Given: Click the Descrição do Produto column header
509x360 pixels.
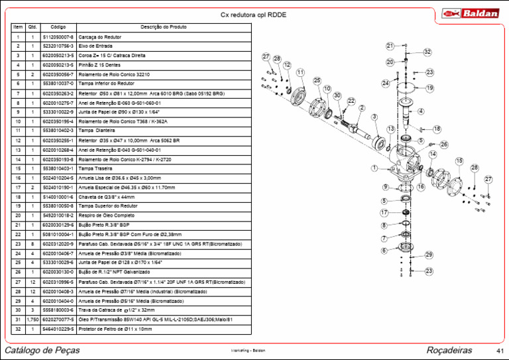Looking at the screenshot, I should pyautogui.click(x=164, y=27).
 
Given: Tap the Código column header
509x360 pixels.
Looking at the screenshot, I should pyautogui.click(x=58, y=27).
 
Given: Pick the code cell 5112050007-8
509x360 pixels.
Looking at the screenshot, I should pyautogui.click(x=58, y=37).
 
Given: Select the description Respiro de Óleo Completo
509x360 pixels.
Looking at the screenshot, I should pyautogui.click(x=102, y=215).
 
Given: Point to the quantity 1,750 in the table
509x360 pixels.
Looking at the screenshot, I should pyautogui.click(x=32, y=320).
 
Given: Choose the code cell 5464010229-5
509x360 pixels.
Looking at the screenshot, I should pyautogui.click(x=58, y=329).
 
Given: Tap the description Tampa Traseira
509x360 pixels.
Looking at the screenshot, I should pyautogui.click(x=94, y=168).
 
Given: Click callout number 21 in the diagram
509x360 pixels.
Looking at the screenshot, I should pyautogui.click(x=390, y=46).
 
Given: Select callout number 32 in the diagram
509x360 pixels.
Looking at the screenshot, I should pyautogui.click(x=427, y=52).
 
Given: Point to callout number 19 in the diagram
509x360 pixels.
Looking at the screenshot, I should pyautogui.click(x=429, y=88).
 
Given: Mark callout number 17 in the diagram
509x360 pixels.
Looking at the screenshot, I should pyautogui.click(x=384, y=213).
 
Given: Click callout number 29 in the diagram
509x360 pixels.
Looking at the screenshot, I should pyautogui.click(x=429, y=255).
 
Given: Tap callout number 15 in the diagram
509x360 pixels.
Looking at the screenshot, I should pyautogui.click(x=459, y=161).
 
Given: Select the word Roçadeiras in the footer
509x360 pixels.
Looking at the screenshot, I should pyautogui.click(x=449, y=349).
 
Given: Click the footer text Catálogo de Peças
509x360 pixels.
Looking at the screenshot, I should pyautogui.click(x=42, y=349).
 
